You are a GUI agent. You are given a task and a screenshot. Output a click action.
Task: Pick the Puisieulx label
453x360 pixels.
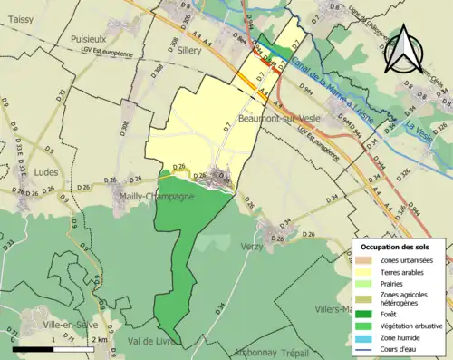(x=91, y=39)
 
